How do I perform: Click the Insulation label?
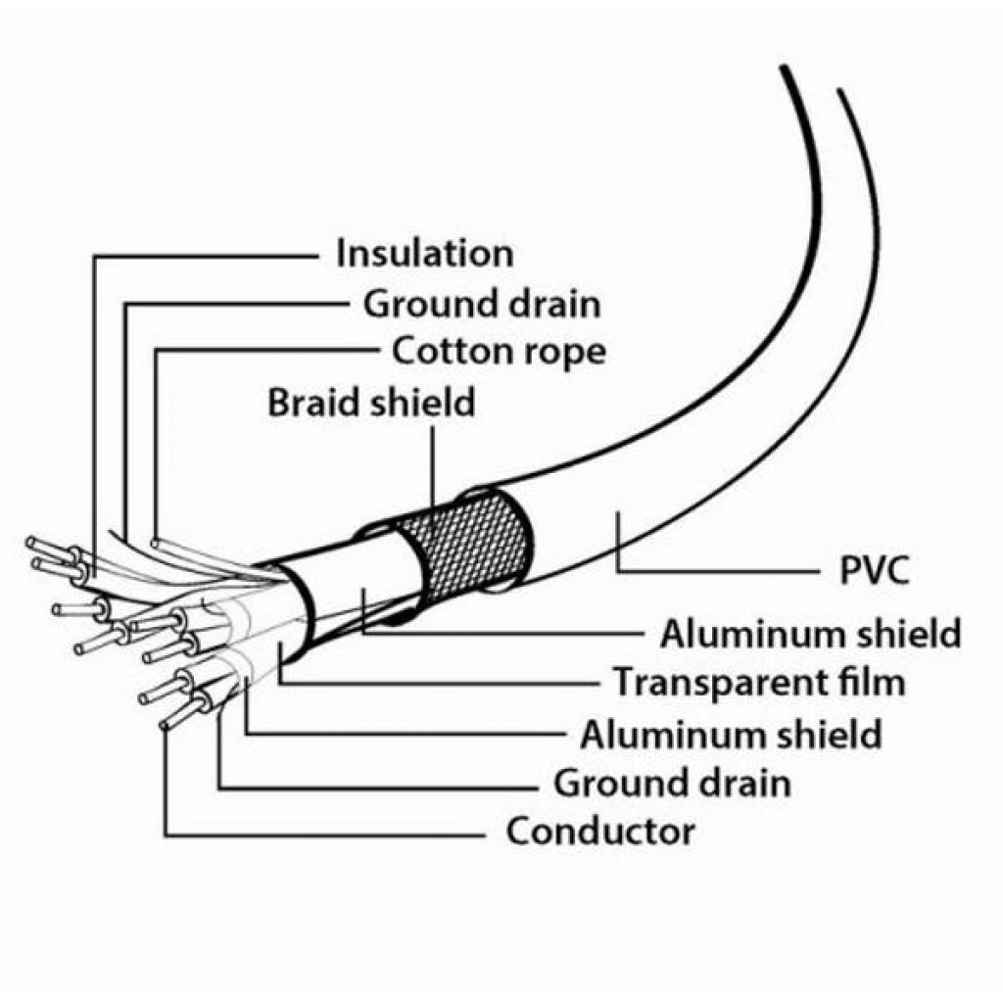click(x=424, y=253)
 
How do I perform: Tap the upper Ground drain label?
click(x=482, y=304)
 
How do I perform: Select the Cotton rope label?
click(x=499, y=350)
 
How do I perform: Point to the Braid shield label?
click(x=371, y=402)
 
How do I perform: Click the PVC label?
click(x=875, y=571)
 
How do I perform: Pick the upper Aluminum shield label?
click(x=809, y=634)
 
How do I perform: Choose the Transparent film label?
click(x=758, y=682)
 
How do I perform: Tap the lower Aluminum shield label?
click(x=731, y=734)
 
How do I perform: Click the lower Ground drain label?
click(x=672, y=784)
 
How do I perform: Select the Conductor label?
click(x=600, y=833)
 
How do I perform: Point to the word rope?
click(x=563, y=352)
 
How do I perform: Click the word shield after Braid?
click(x=423, y=402)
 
